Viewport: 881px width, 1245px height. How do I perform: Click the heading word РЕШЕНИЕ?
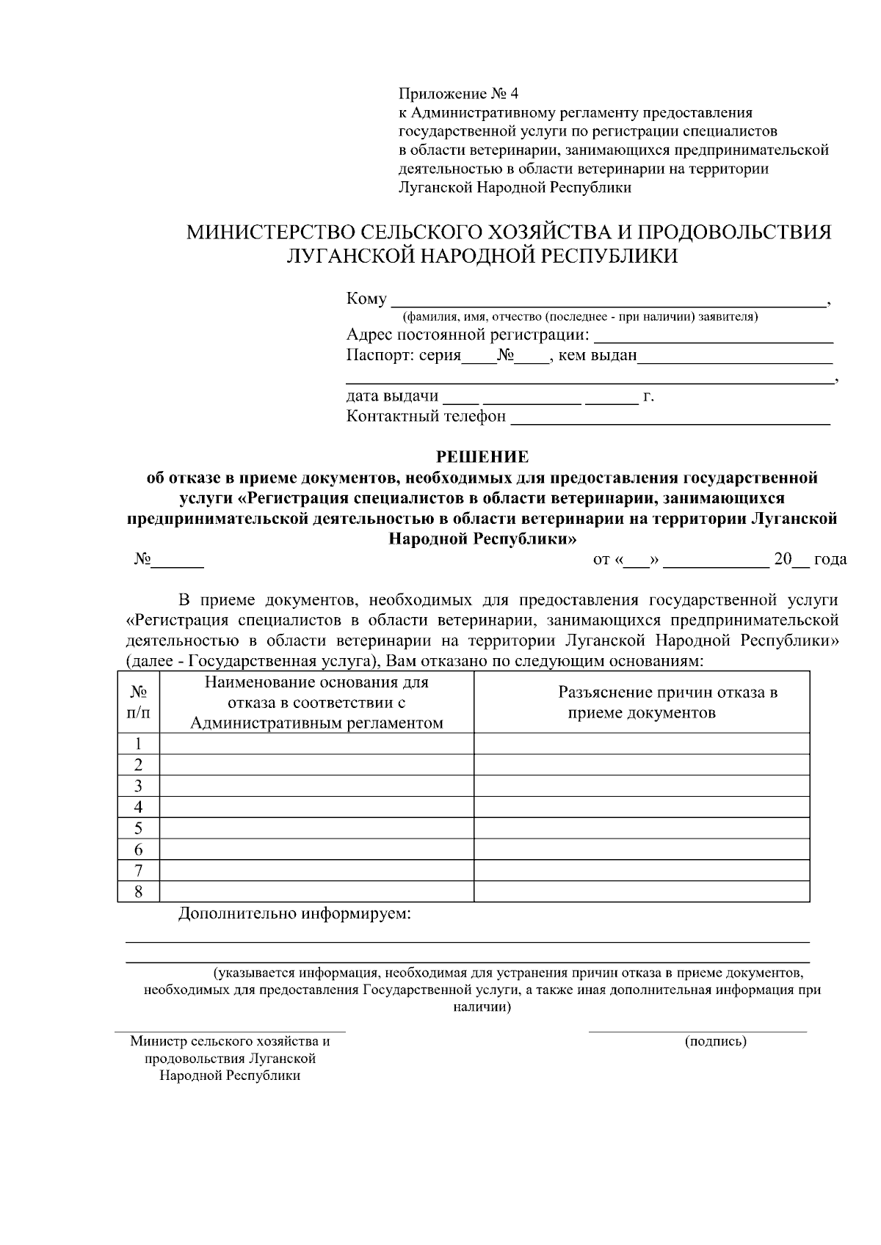[482, 457]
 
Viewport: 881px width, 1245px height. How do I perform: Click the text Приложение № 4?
[458, 94]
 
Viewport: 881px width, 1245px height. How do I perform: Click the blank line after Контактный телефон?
[670, 418]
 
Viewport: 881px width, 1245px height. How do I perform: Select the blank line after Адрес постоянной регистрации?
[712, 337]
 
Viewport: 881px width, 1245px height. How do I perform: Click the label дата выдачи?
[392, 397]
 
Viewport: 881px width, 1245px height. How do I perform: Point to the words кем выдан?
[598, 357]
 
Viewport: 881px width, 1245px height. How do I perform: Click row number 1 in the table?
[138, 744]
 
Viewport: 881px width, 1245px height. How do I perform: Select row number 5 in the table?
[138, 829]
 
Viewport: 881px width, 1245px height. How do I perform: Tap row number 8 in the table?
[138, 892]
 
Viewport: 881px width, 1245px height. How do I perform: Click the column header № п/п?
[138, 702]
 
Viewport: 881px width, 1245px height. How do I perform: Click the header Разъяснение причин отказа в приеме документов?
[667, 702]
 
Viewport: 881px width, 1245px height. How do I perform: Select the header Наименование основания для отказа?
[316, 703]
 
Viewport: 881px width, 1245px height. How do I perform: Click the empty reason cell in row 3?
[316, 786]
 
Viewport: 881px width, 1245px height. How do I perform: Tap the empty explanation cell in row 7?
[642, 871]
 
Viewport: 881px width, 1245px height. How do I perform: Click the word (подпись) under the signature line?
[715, 1041]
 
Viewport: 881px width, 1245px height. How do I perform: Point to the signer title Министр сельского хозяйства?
[230, 1041]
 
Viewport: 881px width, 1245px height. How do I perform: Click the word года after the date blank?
[830, 560]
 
